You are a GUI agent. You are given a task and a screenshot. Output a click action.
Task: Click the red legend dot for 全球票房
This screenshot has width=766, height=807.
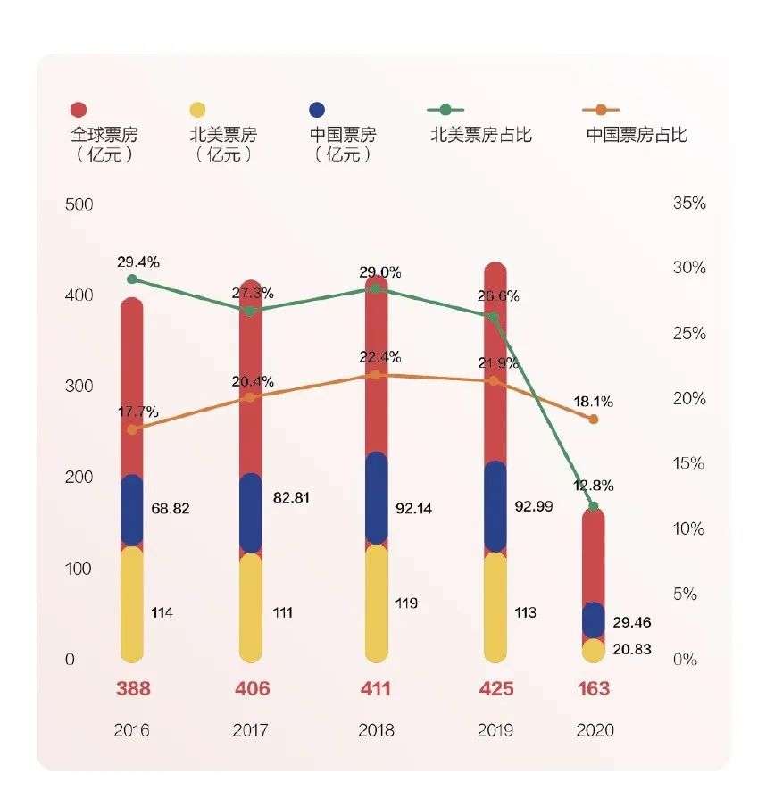tap(78, 110)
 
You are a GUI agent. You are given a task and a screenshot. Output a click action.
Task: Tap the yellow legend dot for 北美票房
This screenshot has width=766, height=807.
tap(197, 110)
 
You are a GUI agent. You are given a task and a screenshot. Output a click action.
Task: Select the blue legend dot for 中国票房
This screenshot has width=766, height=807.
tap(317, 110)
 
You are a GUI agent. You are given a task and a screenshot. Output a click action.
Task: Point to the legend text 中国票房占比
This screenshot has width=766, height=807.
tap(637, 135)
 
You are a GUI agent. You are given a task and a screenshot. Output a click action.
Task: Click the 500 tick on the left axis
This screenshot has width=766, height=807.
tap(79, 204)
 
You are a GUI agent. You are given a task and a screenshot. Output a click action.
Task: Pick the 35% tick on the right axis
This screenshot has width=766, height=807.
tap(688, 204)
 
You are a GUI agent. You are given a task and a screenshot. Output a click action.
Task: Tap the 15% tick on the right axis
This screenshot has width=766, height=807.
tap(688, 464)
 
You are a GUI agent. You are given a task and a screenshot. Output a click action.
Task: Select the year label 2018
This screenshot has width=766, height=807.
tap(376, 730)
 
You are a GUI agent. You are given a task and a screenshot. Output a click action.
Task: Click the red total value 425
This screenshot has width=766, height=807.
tap(495, 689)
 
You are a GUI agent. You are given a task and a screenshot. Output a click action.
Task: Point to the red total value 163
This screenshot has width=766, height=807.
tap(594, 689)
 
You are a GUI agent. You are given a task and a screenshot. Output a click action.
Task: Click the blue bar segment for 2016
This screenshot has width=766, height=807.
tap(132, 511)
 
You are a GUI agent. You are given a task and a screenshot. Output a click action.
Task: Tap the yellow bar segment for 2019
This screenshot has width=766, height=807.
tap(495, 607)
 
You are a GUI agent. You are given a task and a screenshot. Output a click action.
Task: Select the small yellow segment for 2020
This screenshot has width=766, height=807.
tap(594, 651)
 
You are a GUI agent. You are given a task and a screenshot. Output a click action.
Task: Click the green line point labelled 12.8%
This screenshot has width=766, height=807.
tap(594, 507)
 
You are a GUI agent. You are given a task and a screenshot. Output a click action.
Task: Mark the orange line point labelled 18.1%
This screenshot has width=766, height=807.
tap(594, 419)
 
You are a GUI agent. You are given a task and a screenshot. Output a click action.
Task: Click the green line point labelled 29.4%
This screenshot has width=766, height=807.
tap(132, 279)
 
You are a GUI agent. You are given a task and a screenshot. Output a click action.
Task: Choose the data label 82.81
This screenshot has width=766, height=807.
tap(291, 498)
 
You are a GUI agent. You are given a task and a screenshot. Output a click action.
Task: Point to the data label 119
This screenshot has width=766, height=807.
tap(406, 603)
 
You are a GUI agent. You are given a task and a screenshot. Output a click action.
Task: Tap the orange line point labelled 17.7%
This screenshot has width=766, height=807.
tap(132, 429)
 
